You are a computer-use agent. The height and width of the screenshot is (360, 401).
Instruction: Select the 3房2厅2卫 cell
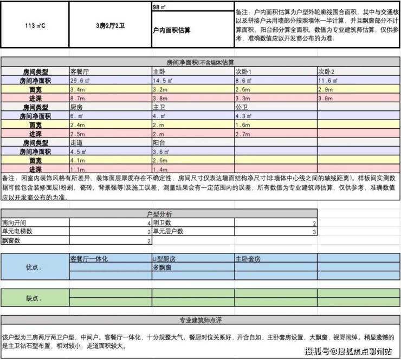pyautogui.click(x=110, y=25)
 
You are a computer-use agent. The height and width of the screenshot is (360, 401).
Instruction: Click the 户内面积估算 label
pyautogui.click(x=172, y=30)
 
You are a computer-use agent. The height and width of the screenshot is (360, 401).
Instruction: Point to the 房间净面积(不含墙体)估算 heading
pyautogui.click(x=200, y=62)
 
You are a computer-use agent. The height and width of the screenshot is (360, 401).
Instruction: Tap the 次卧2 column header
pyautogui.click(x=326, y=71)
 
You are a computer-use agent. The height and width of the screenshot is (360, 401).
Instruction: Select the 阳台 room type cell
pyautogui.click(x=158, y=142)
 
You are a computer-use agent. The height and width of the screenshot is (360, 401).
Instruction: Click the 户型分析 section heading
pyautogui.click(x=159, y=214)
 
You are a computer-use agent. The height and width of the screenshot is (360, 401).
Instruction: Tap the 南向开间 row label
pyautogui.click(x=14, y=222)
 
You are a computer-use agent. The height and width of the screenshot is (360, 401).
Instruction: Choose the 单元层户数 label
pyautogui.click(x=167, y=232)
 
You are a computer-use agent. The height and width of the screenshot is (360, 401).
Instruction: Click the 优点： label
pyautogui.click(x=34, y=267)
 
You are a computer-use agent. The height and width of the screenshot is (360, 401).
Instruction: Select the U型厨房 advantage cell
pyautogui.click(x=164, y=259)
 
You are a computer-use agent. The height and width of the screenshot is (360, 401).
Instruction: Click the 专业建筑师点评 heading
pyautogui.click(x=200, y=319)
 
